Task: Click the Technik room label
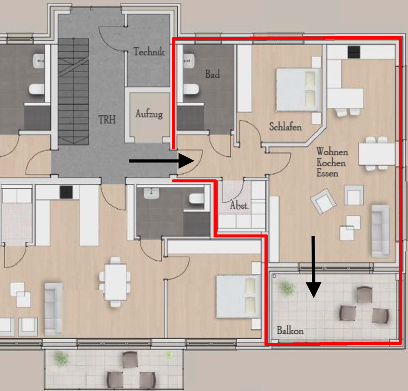click(x=149, y=51)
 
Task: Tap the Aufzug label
click(x=149, y=114)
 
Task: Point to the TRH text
click(x=107, y=120)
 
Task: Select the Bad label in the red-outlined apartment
click(x=212, y=74)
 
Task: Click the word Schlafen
click(x=286, y=127)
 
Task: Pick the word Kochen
click(x=331, y=163)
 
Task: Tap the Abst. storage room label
click(x=239, y=205)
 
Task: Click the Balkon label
click(x=290, y=330)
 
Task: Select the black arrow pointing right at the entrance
click(x=162, y=161)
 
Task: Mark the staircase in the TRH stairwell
click(x=73, y=91)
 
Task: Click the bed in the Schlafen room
click(x=299, y=89)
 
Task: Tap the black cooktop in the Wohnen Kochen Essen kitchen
click(x=354, y=52)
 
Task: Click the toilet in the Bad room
click(x=191, y=89)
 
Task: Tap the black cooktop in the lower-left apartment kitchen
click(x=66, y=192)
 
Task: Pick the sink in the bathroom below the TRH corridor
click(x=151, y=193)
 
